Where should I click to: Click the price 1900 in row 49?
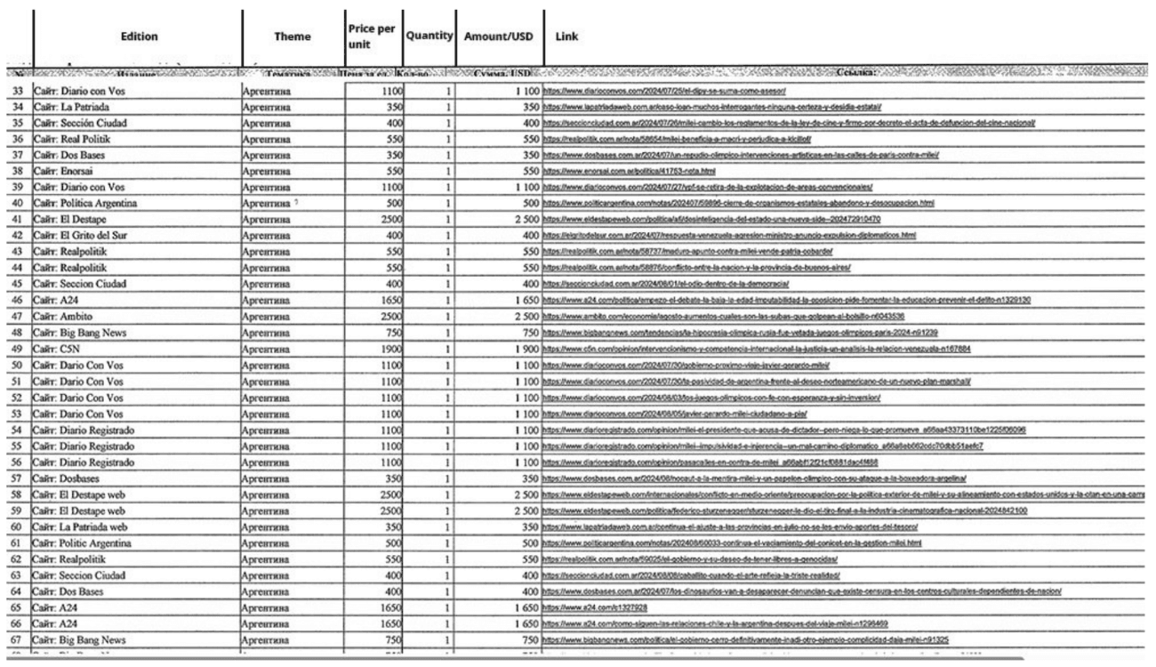(x=382, y=348)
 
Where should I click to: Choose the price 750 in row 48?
(x=386, y=332)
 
